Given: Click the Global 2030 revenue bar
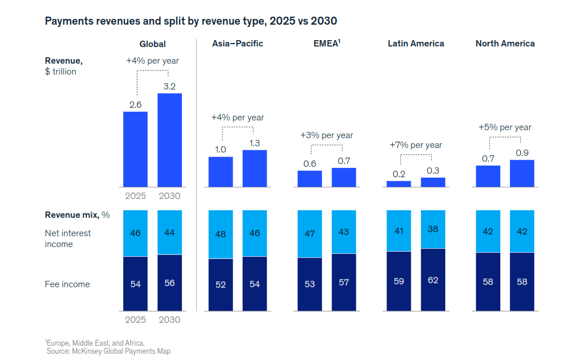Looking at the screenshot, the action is coord(169,140).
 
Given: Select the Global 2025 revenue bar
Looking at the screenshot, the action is coord(135,149).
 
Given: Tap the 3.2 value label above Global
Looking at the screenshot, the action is coord(169,87).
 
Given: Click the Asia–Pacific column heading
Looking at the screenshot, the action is coord(238,44).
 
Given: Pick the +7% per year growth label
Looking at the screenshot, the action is coord(416,145).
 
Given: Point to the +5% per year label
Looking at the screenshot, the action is coord(505,127).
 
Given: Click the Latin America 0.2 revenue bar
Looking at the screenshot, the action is coord(399,184).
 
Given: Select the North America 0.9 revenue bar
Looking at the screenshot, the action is coord(522,173).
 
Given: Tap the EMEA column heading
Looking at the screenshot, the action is coord(327,43).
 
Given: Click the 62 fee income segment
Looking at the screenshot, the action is coord(433,280).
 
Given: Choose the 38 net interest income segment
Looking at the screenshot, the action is coord(433,229).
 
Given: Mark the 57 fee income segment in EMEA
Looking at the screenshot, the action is coord(344,283).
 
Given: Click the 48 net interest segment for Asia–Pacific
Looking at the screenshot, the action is coord(220,234).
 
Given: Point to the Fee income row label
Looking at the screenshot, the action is coord(67,284).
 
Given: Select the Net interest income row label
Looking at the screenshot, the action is coord(68,239).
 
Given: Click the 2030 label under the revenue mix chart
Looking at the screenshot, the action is coord(169,320).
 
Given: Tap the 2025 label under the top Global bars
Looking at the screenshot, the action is coord(135,196).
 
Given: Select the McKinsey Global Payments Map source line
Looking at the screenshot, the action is coord(108,351).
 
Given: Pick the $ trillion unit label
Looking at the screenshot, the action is coord(61,72).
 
